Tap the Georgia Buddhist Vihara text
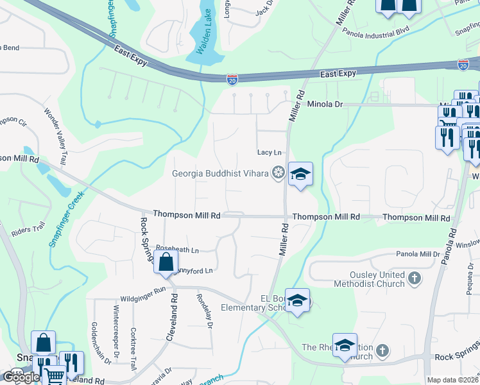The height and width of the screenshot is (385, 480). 220,173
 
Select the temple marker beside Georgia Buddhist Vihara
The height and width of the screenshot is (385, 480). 278,172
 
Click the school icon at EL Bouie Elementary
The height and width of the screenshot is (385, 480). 297,301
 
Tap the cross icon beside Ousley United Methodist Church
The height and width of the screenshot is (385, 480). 415,278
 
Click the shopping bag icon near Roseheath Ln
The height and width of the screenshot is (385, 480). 166,262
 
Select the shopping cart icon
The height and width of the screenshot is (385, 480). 54,377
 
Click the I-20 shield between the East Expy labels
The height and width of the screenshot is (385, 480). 232,79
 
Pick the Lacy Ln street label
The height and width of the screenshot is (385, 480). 270,152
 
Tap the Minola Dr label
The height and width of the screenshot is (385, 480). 325,104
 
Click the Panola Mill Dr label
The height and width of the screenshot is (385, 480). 418,254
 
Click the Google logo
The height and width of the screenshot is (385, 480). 21,377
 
